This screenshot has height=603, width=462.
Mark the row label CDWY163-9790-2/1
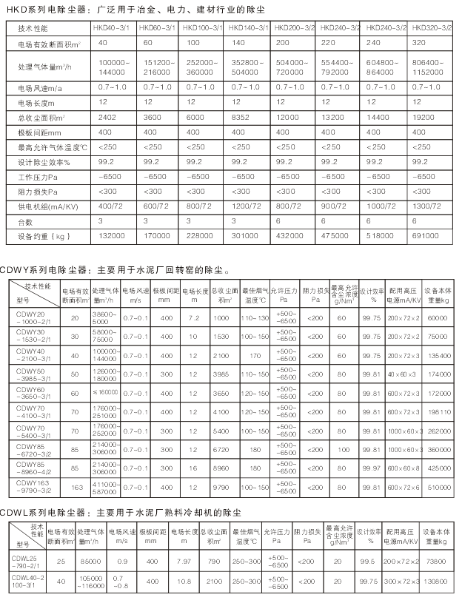pyautogui.click(x=35, y=488)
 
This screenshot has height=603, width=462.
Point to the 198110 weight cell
pyautogui.click(x=438, y=411)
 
